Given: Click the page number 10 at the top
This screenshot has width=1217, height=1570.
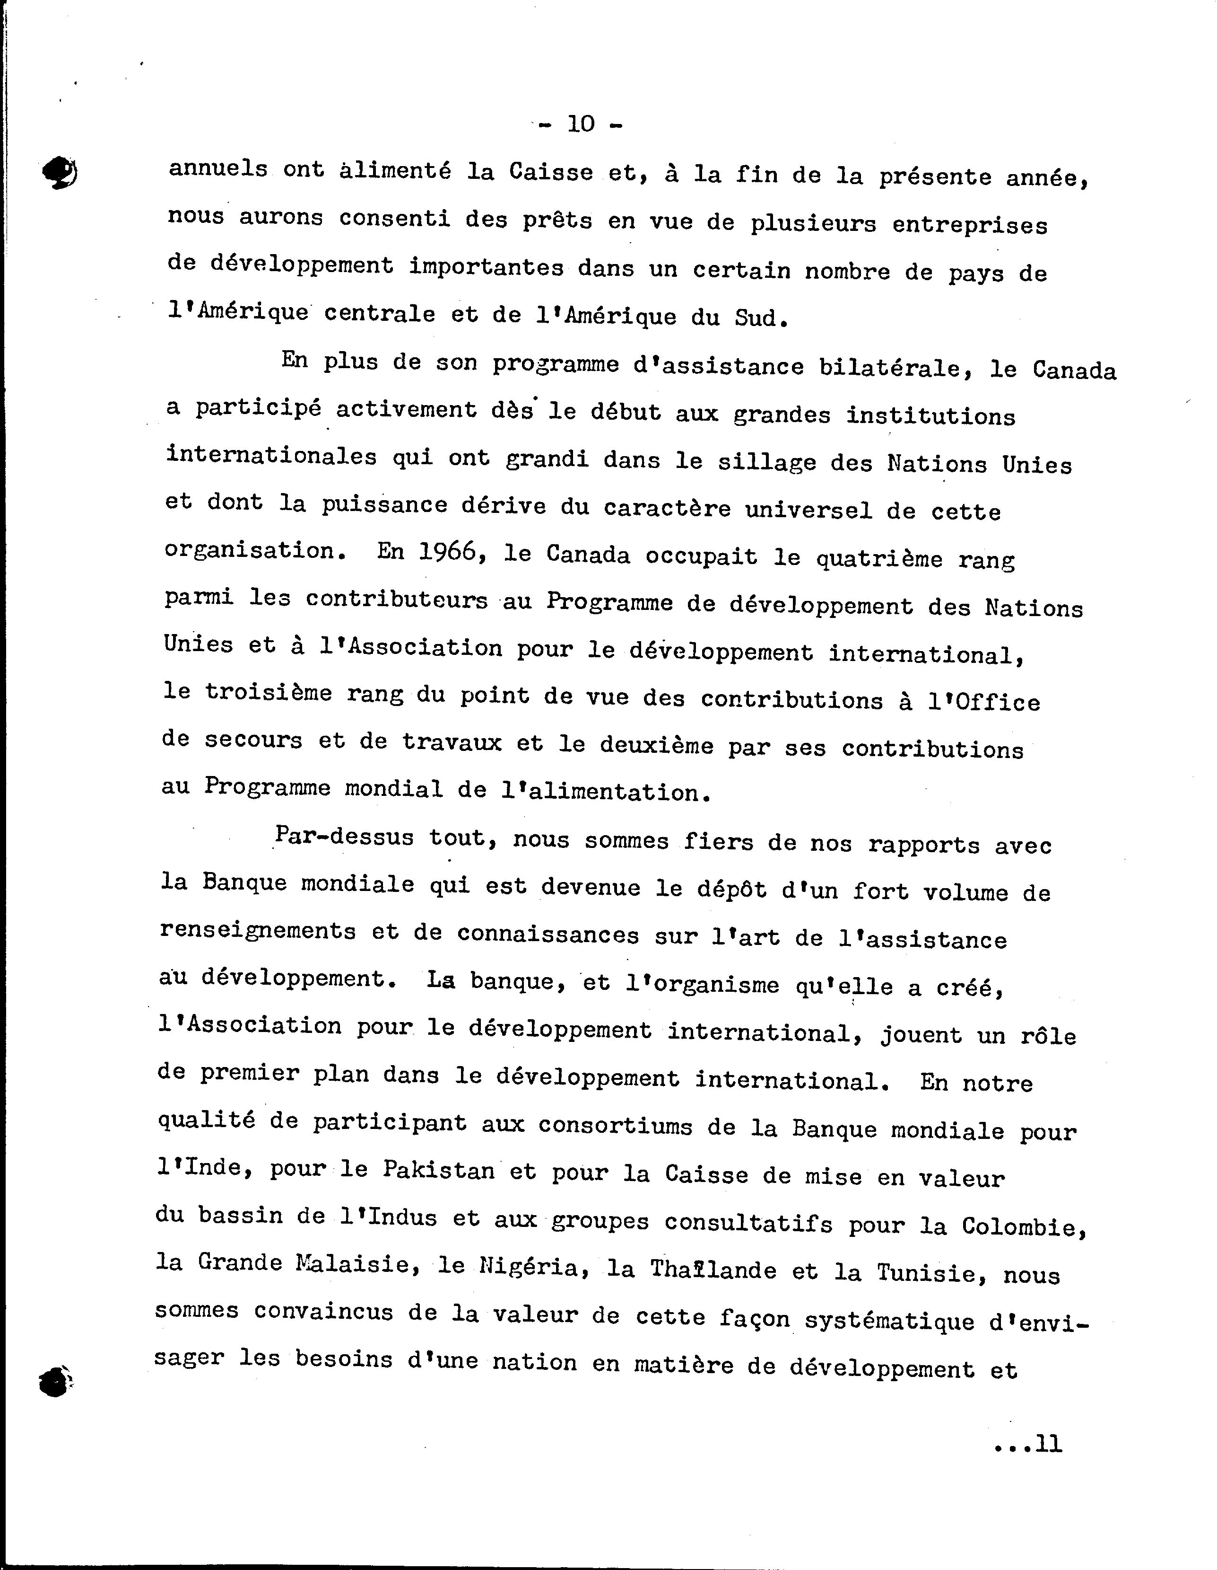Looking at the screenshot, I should click(x=581, y=124).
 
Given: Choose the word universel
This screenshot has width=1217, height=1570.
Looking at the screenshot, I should click(x=808, y=510).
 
